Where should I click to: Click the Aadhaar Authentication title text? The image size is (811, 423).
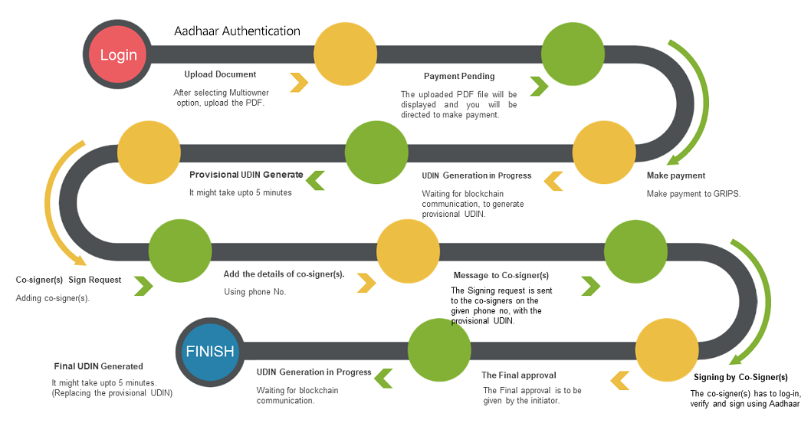point(237,31)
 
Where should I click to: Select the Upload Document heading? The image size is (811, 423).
point(220,74)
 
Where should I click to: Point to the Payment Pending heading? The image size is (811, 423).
point(459,76)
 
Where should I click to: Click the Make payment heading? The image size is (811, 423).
point(675,175)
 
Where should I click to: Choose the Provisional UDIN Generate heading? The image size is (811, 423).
point(246,175)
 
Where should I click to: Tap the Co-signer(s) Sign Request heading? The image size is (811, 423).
point(68,280)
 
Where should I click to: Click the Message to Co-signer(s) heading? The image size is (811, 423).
point(501,275)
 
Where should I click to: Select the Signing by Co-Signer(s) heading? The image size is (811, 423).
point(740,377)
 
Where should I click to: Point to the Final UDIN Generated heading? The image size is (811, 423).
point(98,366)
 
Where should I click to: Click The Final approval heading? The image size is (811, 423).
point(518,375)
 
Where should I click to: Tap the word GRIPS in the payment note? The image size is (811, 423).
point(726,194)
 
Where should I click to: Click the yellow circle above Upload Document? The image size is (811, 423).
point(345,54)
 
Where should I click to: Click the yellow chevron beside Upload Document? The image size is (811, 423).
point(299,81)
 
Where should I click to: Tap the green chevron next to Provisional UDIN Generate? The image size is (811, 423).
point(316,180)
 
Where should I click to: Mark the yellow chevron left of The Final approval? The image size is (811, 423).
point(619,378)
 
